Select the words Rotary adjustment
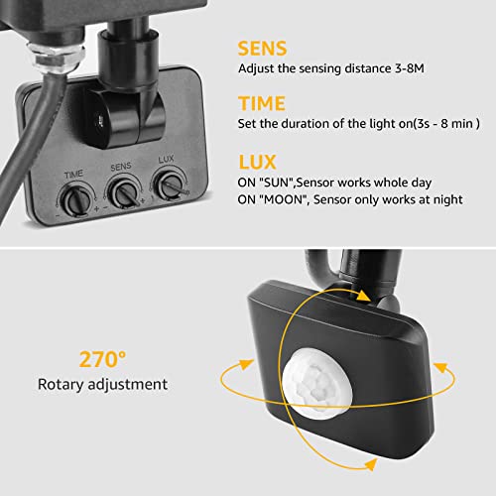pos(103,383)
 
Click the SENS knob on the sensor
pos(123,189)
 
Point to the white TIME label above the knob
pos(73,173)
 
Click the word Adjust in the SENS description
pos(256,68)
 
